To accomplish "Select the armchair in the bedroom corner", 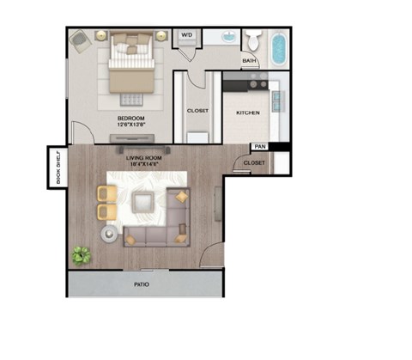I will click(x=80, y=40).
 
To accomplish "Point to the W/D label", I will click(x=187, y=36).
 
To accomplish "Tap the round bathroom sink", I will click(x=230, y=38).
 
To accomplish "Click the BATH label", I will click(x=249, y=61).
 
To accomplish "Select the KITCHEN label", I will click(x=248, y=113).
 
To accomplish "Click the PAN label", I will click(x=258, y=147).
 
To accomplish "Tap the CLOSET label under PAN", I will click(x=254, y=162).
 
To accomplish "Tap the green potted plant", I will click(x=82, y=255).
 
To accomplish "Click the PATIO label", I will click(x=142, y=283).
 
